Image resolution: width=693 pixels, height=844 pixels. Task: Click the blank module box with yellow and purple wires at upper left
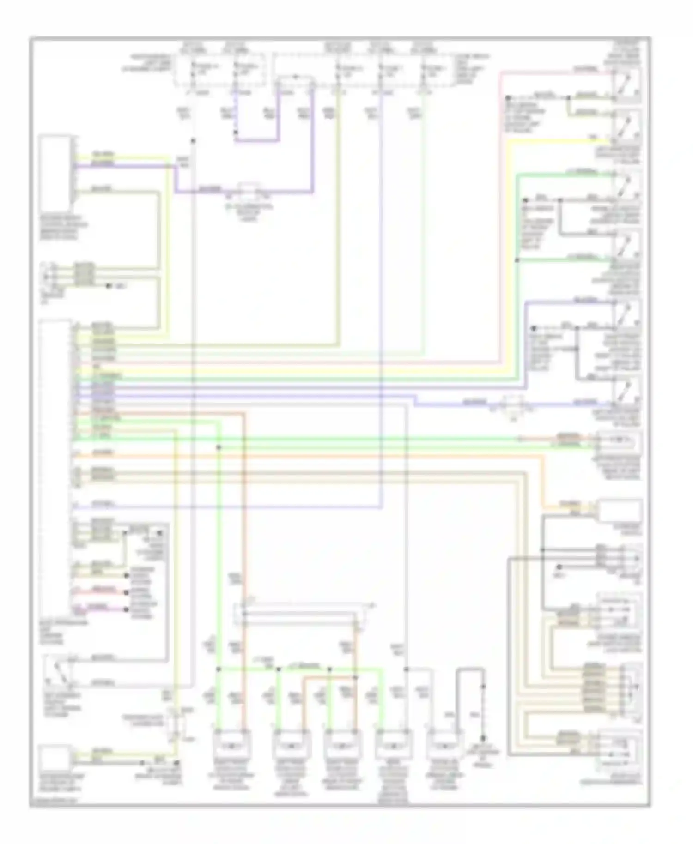pos(55,173)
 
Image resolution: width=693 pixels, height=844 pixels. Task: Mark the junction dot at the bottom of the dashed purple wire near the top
pos(236,133)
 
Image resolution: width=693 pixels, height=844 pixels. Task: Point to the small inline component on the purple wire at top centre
pos(249,191)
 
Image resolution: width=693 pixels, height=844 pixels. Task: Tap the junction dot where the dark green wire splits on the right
pos(517,260)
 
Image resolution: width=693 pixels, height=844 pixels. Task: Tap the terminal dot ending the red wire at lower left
pos(126,592)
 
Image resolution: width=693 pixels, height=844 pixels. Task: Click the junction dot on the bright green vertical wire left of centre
pos(219,447)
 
